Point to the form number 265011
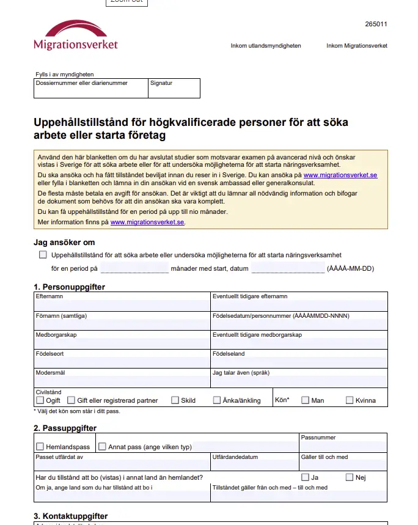pos(376,24)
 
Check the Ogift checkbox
pos(40,400)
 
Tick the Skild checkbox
pos(175,400)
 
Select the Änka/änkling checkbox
pos(217,400)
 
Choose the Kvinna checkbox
pos(350,400)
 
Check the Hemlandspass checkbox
pos(40,447)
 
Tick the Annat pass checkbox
pos(102,447)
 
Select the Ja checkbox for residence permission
pos(305,477)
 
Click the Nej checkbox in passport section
pos(350,477)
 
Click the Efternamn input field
pos(122,304)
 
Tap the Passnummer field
pos(343,446)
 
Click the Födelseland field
pos(299,362)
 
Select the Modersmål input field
pos(122,381)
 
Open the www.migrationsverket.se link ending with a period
pos(147,222)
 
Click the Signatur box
pos(174,90)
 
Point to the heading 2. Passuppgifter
pos(65,428)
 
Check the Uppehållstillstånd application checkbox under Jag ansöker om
pos(43,255)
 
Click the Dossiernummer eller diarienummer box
pos(90,90)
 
